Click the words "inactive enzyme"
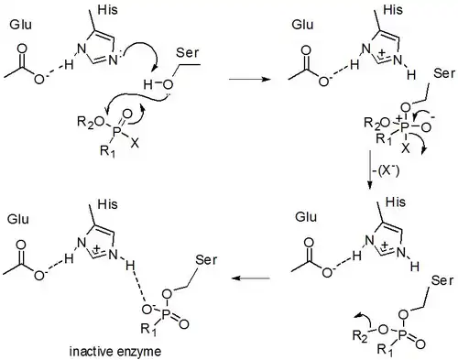[x=115, y=352]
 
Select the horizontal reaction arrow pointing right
[x=250, y=79]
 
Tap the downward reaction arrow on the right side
[x=370, y=169]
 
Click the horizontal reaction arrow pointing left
[x=251, y=278]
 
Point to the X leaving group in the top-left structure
[x=135, y=144]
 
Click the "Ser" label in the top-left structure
[x=187, y=53]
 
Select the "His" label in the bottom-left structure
[x=107, y=204]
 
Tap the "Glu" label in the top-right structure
[x=302, y=25]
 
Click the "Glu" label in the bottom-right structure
[x=306, y=217]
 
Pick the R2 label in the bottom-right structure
[x=360, y=336]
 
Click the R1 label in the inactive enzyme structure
[x=148, y=329]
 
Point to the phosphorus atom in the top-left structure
[x=116, y=131]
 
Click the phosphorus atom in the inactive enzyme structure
[x=165, y=315]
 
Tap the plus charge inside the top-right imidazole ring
[x=382, y=54]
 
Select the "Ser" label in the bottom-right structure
[x=442, y=280]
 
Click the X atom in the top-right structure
[x=406, y=148]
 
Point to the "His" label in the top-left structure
[x=107, y=10]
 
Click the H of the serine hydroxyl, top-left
[x=147, y=84]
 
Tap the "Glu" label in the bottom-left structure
[x=18, y=219]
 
